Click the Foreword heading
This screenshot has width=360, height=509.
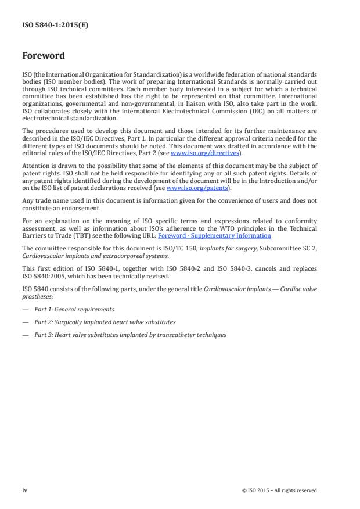click(x=43, y=56)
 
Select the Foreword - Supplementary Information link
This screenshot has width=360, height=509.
click(x=214, y=236)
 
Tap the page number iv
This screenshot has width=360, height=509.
click(x=25, y=490)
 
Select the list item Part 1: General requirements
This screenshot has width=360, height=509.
click(x=74, y=310)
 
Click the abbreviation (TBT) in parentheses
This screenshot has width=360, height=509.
click(x=81, y=236)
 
